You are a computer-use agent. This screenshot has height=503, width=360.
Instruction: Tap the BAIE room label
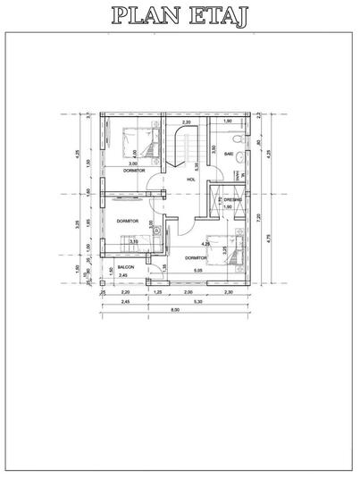tap(229, 154)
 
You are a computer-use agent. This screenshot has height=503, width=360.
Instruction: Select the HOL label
tap(190, 180)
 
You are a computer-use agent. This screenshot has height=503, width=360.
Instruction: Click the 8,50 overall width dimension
tap(175, 310)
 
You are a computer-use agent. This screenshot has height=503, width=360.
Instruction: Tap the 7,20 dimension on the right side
tap(258, 215)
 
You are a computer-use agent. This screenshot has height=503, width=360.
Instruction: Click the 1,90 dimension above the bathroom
tap(228, 122)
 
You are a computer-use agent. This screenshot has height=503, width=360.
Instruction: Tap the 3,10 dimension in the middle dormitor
tap(133, 240)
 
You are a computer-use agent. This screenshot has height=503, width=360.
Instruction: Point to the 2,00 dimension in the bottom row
tap(188, 292)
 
